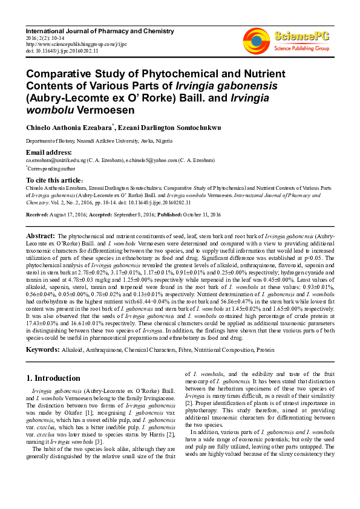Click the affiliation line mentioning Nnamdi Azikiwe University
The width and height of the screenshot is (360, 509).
click(90, 141)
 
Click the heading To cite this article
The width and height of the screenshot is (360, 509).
click(56, 180)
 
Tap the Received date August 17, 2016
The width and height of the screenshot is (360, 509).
click(77, 215)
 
